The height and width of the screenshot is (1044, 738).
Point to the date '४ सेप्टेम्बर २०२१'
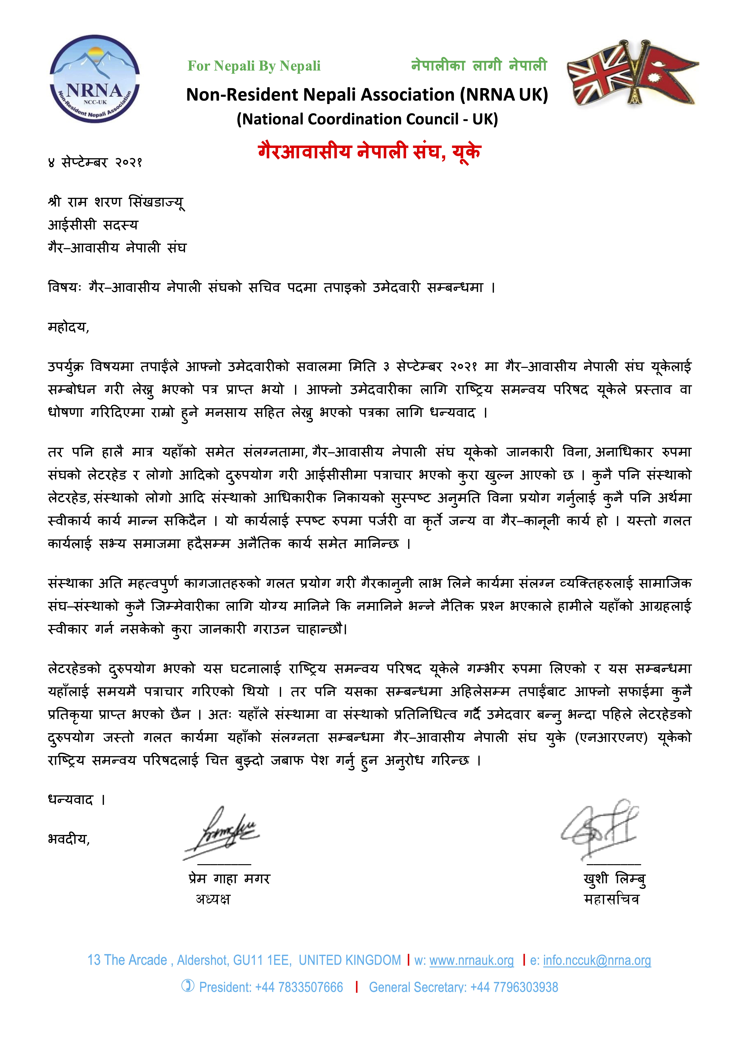(96, 162)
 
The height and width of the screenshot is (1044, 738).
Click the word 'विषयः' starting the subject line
(65, 287)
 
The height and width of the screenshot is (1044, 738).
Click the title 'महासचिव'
(612, 899)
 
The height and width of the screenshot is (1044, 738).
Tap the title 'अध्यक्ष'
(213, 899)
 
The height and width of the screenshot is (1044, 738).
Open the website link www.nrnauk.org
(472, 960)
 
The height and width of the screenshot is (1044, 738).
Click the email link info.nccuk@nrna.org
(597, 960)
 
